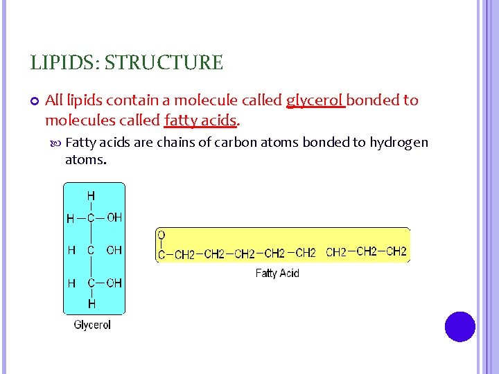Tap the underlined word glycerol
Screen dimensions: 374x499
point(315,101)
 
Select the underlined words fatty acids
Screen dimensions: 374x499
point(200,121)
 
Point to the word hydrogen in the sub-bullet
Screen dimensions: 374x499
point(399,143)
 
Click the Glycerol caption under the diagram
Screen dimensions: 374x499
point(92,324)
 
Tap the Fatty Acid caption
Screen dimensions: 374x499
point(277,273)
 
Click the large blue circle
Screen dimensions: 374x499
point(460,326)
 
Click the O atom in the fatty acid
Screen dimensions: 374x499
point(161,235)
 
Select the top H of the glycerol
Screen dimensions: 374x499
point(91,197)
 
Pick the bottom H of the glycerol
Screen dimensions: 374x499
point(91,303)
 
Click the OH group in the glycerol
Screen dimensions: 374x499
point(114,217)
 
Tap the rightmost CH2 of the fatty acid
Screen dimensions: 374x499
point(396,251)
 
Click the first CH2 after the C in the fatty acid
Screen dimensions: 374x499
point(184,255)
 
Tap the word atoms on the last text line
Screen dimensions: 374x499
point(85,160)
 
